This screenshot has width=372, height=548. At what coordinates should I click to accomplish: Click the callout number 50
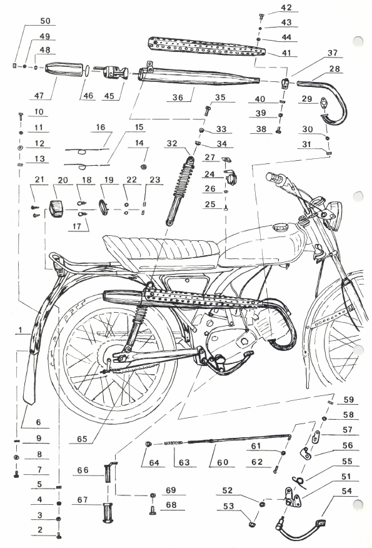(x=46, y=21)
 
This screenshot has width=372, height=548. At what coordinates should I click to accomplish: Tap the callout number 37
(x=332, y=53)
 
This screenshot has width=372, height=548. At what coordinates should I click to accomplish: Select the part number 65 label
(x=82, y=439)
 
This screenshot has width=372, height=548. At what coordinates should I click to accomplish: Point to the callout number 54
(x=346, y=491)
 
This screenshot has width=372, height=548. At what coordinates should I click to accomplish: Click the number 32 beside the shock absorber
(x=172, y=144)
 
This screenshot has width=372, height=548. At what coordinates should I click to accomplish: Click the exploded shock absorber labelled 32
(x=179, y=191)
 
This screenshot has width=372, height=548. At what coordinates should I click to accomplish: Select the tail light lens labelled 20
(x=56, y=209)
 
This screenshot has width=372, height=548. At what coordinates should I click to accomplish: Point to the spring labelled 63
(x=173, y=443)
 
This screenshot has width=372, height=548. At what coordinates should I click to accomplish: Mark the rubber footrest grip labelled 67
(x=108, y=513)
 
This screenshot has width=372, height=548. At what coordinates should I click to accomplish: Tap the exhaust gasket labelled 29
(x=325, y=102)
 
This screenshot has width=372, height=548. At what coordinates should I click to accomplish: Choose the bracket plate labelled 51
(x=292, y=497)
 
